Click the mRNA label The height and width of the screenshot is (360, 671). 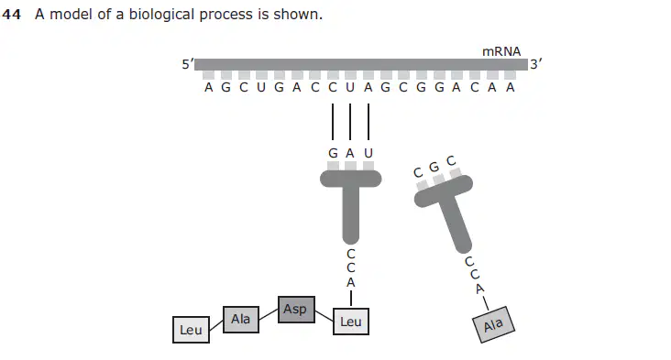(501, 51)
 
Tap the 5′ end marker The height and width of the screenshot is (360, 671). (187, 64)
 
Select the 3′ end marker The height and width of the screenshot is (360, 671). (535, 64)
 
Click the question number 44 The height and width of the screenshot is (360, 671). (12, 15)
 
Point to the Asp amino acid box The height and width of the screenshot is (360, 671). (296, 309)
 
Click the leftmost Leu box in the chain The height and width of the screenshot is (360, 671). (191, 330)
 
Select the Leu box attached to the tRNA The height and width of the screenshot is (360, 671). (351, 322)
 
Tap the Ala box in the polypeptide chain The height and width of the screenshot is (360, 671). (241, 320)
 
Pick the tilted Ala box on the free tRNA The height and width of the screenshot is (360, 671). (493, 325)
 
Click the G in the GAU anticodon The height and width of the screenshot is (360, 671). (333, 153)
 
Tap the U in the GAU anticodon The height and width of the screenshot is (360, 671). (368, 153)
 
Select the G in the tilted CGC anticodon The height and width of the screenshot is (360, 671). (434, 167)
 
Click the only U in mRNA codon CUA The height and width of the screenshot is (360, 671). (350, 88)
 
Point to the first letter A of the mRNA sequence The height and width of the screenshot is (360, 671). (208, 88)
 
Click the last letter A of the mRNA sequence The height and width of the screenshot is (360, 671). (510, 88)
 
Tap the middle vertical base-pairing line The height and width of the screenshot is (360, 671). (350, 122)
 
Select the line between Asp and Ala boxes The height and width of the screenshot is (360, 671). (269, 314)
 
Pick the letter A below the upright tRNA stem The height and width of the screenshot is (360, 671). (351, 283)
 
